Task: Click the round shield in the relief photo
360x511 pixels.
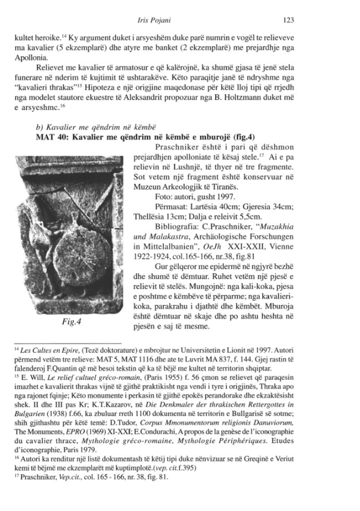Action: point(72,245)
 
